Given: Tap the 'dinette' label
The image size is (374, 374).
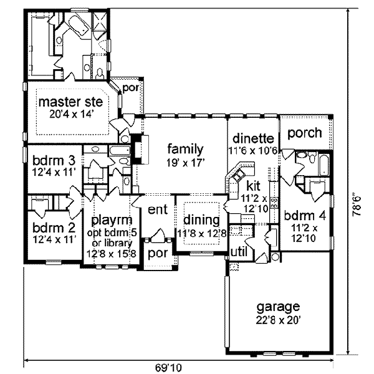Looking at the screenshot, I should click(x=253, y=138).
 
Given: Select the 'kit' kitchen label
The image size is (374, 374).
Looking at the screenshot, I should click(x=254, y=186).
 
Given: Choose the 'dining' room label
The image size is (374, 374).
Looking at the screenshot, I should click(x=200, y=220).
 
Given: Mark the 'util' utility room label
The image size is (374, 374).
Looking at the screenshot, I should click(x=239, y=251).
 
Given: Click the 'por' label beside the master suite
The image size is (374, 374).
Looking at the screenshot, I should click(x=131, y=89).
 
